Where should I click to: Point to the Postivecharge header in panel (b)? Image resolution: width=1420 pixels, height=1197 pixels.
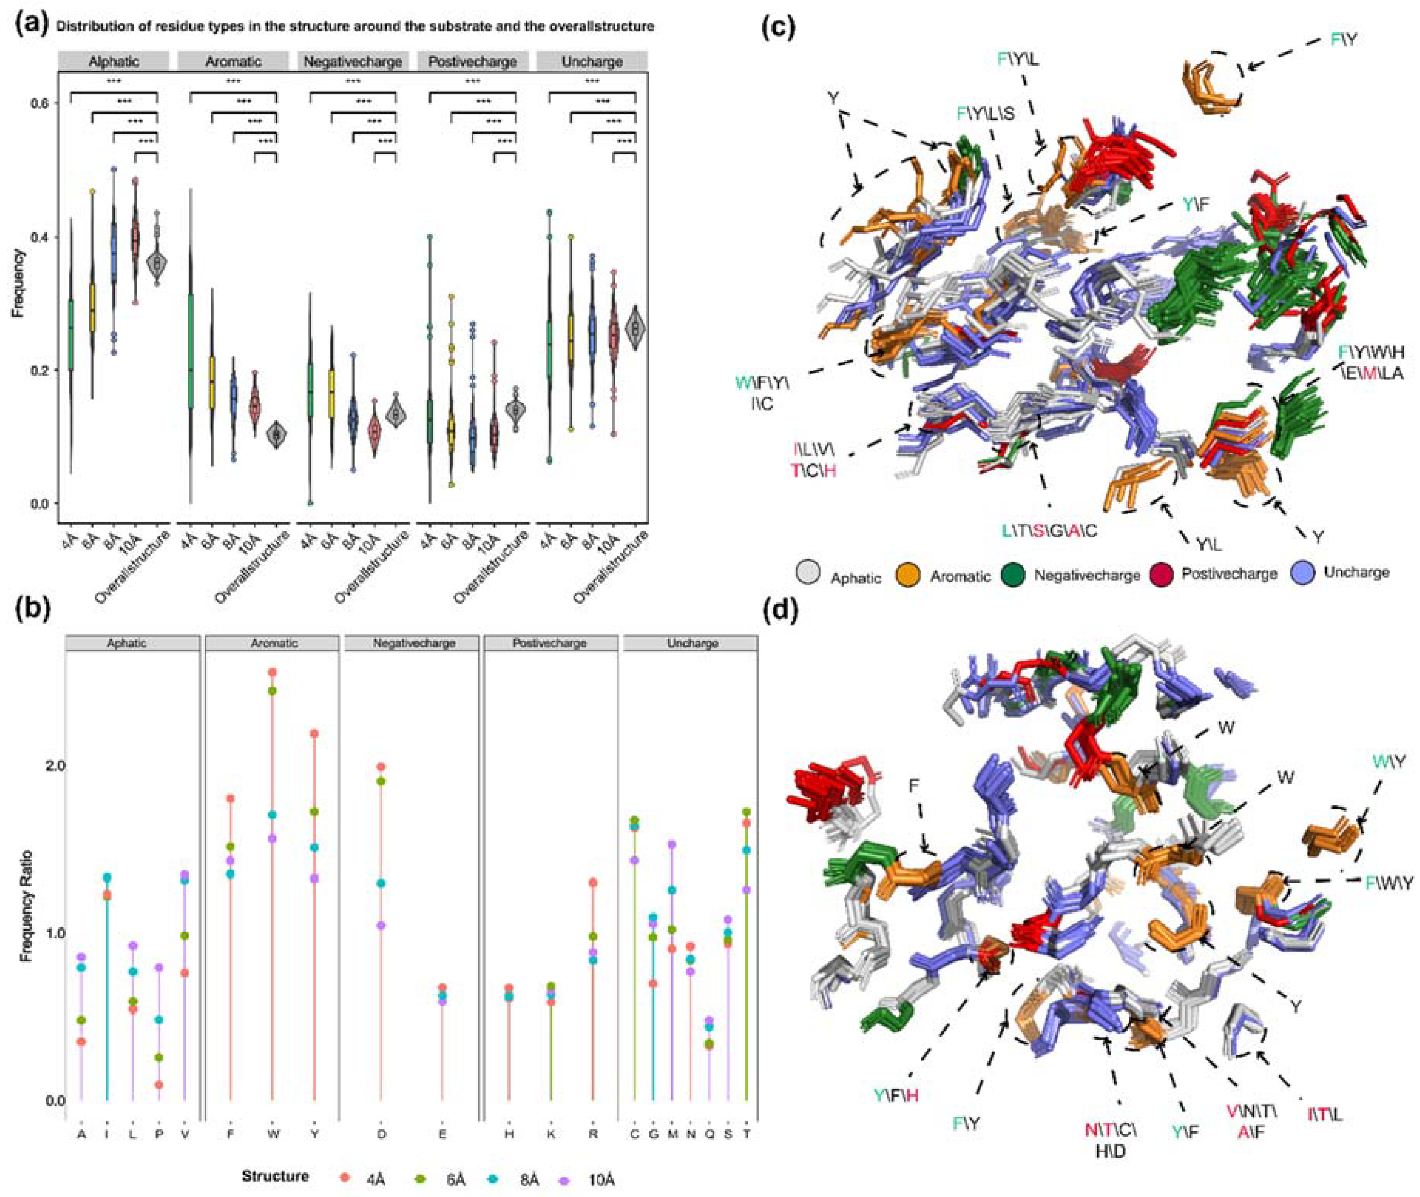(549, 643)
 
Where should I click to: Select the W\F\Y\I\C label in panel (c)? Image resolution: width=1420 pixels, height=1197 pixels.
(762, 393)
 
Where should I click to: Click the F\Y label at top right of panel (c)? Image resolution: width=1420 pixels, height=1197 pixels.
(1343, 40)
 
